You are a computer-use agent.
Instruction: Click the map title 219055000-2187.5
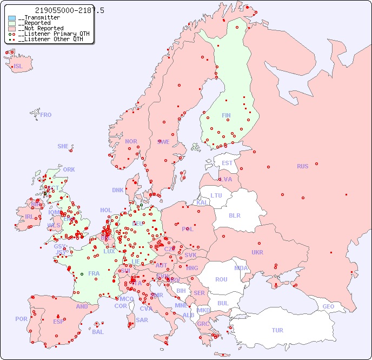pos(69,10)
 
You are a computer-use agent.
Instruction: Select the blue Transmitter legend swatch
pos(12,18)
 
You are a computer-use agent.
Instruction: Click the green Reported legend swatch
pos(12,23)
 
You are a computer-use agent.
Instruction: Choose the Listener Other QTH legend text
pos(49,39)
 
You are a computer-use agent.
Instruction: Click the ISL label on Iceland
pos(18,67)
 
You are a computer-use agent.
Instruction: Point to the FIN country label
pos(226,115)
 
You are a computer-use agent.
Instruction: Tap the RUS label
pos(302,166)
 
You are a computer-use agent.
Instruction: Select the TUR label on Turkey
pos(277,330)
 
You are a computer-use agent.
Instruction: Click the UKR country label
pos(257,252)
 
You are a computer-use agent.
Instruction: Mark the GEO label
pos(328,306)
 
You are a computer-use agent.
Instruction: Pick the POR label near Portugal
pos(21,319)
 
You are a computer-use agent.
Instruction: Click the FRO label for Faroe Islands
pos(46,115)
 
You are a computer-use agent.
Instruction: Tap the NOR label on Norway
pos(131,141)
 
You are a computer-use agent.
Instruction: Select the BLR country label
pos(235,215)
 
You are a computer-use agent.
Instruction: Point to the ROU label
pos(221,279)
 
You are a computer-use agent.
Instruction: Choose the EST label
pos(227,163)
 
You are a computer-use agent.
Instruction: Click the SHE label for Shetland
pos(63,146)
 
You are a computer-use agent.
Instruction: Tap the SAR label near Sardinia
pos(142,320)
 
